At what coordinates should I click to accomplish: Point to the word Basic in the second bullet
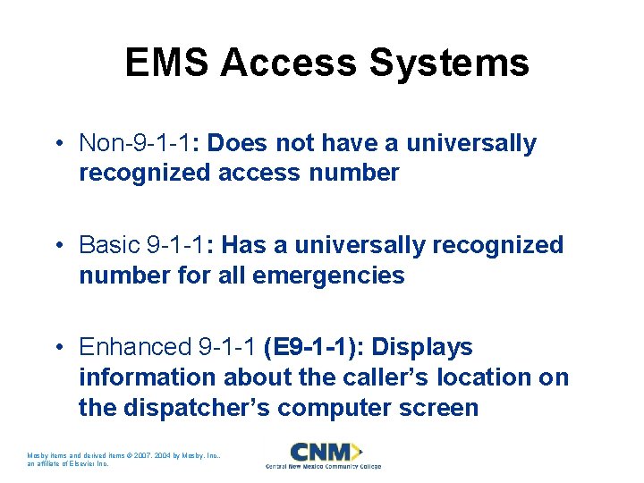click(x=109, y=245)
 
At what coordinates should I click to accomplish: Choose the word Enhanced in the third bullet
click(x=135, y=347)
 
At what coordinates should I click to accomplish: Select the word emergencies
click(x=329, y=275)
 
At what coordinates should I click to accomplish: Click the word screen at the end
click(x=436, y=408)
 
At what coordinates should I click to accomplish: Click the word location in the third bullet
click(x=472, y=377)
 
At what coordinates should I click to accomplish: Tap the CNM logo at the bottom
click(x=323, y=451)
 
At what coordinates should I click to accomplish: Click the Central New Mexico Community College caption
click(x=323, y=466)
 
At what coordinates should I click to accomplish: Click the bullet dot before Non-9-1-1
click(x=56, y=144)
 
